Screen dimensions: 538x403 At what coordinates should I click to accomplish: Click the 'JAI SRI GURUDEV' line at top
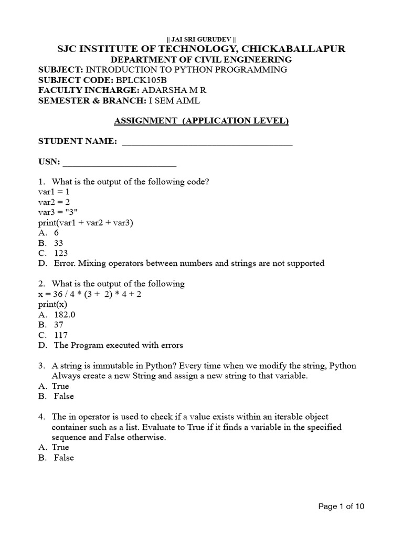click(x=201, y=39)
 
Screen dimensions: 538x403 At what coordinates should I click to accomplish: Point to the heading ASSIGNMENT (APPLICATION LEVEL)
click(x=201, y=121)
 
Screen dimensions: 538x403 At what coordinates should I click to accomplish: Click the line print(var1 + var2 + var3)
click(x=86, y=222)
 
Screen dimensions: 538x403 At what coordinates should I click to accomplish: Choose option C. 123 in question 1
click(x=54, y=253)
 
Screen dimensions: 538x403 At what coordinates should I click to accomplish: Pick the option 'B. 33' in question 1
click(x=52, y=243)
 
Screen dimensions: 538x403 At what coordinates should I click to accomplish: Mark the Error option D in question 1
click(x=182, y=263)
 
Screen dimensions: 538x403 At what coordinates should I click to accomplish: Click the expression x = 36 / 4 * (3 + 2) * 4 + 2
click(x=90, y=294)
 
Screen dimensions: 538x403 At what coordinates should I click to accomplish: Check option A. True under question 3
click(x=54, y=386)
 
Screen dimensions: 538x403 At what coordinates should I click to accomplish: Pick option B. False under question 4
click(x=56, y=458)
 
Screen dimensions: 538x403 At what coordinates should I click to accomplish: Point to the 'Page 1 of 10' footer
click(x=341, y=506)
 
